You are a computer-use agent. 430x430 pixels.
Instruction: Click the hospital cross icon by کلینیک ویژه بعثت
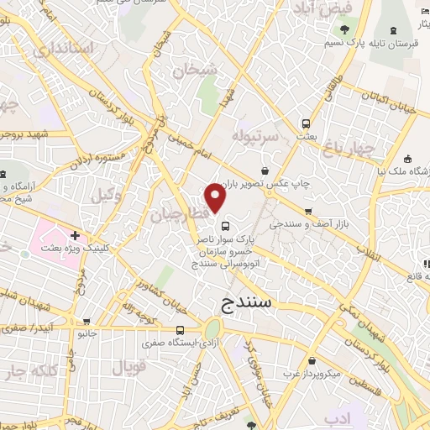tap(76, 236)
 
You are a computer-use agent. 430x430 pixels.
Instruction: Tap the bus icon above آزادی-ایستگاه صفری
tap(181, 330)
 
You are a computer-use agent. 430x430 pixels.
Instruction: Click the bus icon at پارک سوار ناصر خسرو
tap(225, 224)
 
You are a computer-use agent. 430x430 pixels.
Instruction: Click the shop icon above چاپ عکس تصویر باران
tap(265, 170)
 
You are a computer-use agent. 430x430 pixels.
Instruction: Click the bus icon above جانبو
tap(88, 321)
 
